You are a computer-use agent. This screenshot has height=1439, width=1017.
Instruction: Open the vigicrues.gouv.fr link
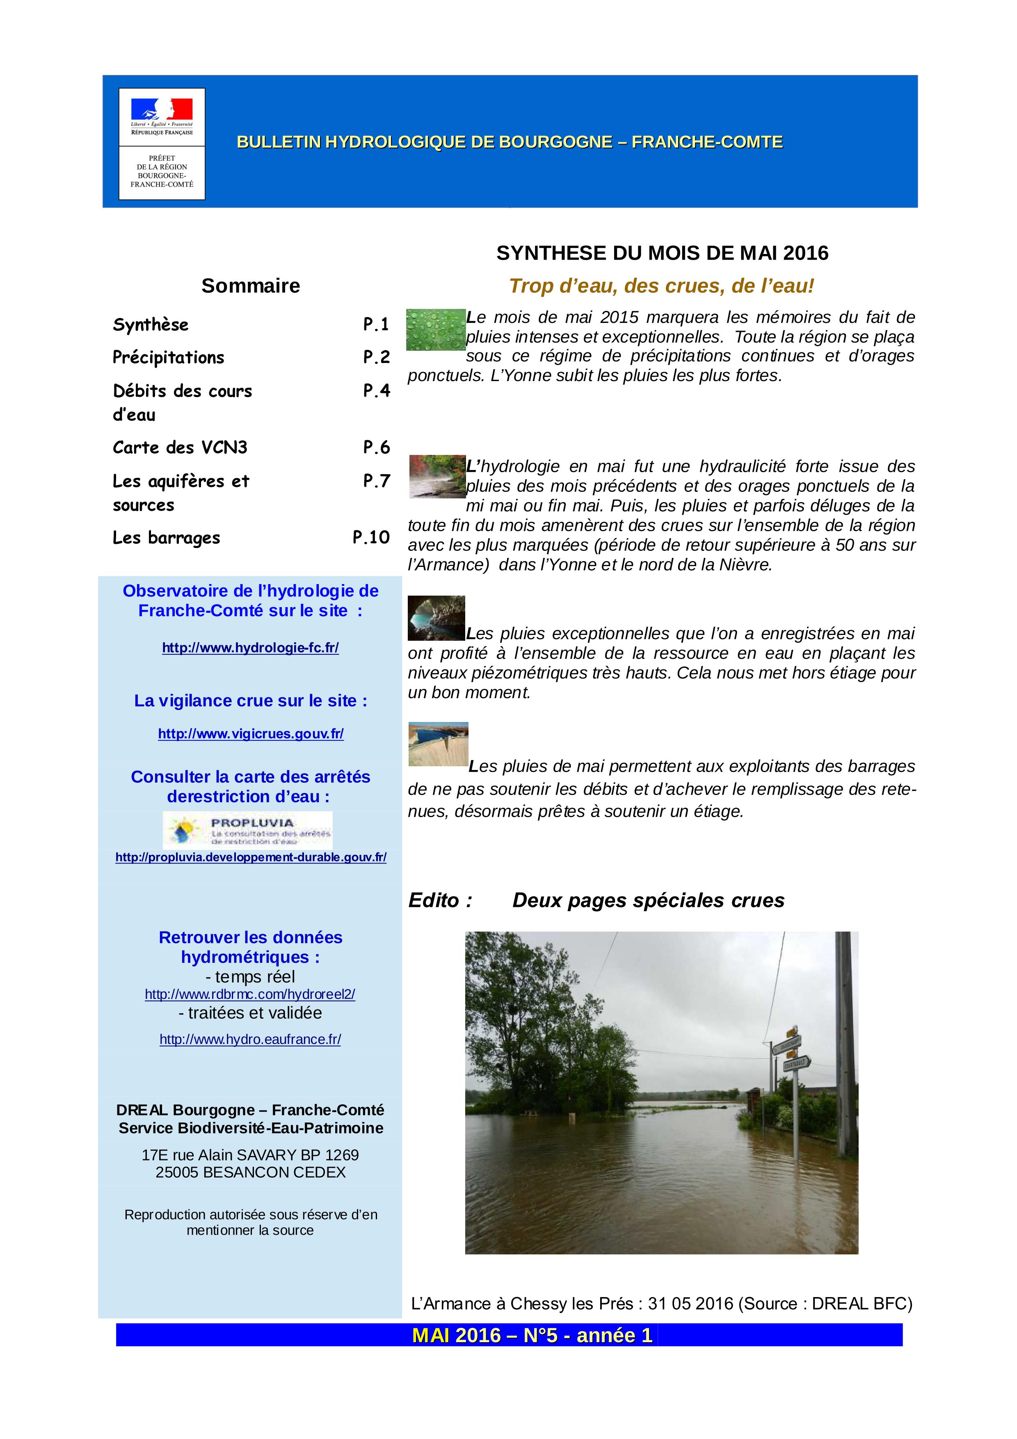coord(251,734)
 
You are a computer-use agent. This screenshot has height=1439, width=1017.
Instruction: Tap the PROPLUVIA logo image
coord(247,830)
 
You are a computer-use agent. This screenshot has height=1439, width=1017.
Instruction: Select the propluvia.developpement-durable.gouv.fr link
coord(251,857)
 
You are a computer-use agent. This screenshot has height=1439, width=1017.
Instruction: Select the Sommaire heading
coord(251,286)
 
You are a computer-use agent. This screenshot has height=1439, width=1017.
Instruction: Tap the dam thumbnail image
coord(438,744)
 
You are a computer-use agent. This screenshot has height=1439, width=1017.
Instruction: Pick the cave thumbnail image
coord(436,618)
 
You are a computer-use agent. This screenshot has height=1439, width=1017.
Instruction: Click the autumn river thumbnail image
coord(437,476)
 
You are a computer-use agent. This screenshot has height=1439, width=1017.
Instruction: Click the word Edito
coord(440,901)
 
